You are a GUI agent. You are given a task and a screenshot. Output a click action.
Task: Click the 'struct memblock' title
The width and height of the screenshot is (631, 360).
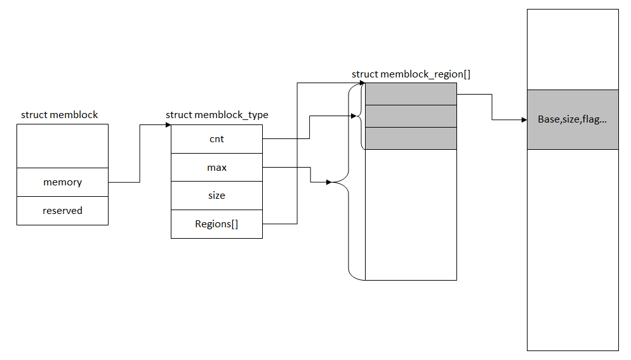[x=59, y=115]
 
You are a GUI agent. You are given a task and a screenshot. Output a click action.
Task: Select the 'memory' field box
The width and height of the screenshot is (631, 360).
[x=62, y=182]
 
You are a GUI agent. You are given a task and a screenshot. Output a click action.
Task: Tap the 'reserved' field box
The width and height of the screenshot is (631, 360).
[x=62, y=211]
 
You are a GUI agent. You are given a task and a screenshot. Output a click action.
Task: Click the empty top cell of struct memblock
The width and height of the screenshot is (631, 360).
[x=62, y=146]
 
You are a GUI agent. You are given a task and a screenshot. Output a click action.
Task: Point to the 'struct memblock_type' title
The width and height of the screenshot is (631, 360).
[x=217, y=115]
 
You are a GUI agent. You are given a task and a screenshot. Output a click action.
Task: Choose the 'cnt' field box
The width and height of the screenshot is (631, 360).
[x=216, y=139]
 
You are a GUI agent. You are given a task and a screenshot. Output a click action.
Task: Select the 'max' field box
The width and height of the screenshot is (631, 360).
[x=216, y=167]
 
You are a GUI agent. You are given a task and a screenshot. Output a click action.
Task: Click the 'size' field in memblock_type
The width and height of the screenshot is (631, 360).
[x=216, y=196]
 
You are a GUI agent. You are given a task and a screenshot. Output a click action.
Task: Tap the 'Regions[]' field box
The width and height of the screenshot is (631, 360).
[x=216, y=224]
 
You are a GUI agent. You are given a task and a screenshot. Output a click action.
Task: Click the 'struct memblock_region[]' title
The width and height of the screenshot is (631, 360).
[x=411, y=74]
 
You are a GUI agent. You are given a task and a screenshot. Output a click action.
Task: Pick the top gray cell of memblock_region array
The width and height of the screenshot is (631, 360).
[x=411, y=94]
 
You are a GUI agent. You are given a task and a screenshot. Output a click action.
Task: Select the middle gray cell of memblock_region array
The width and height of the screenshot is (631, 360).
[x=411, y=116]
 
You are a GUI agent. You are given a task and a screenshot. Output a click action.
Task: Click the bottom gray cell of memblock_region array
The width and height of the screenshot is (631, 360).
[x=411, y=138]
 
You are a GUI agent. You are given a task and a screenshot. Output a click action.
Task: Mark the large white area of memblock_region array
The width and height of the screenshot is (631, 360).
[x=411, y=215]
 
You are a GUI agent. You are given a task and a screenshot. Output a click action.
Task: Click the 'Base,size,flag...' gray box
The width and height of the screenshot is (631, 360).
[x=573, y=119]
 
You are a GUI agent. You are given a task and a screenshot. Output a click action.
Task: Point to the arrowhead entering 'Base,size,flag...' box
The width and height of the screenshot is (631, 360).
[x=524, y=119]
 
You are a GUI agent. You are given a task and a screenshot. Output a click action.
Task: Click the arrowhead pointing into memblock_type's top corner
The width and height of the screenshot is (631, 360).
[x=168, y=125]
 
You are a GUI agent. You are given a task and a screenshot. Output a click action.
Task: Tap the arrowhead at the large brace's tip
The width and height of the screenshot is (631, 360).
[x=329, y=182]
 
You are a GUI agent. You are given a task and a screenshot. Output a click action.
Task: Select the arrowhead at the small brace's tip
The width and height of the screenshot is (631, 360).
[x=354, y=116]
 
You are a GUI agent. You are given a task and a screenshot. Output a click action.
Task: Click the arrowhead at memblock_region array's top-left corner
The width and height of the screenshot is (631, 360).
[x=362, y=83]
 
